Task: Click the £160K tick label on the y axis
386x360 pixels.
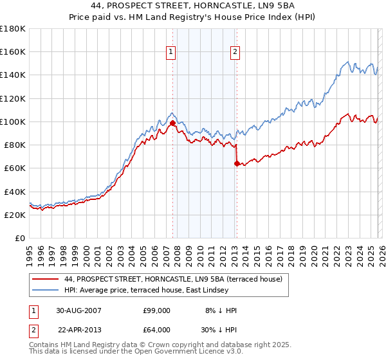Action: pyautogui.click(x=13, y=51)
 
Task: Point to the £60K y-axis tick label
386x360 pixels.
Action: pyautogui.click(x=15, y=168)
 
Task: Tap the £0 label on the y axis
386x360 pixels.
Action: pyautogui.click(x=20, y=239)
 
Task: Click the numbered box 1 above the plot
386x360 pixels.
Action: pyautogui.click(x=172, y=53)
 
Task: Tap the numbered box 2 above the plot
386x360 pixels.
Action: pyautogui.click(x=235, y=53)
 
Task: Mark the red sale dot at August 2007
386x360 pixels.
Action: pyautogui.click(x=172, y=122)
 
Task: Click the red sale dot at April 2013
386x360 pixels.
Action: pyautogui.click(x=237, y=163)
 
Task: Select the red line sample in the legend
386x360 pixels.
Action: pyautogui.click(x=45, y=280)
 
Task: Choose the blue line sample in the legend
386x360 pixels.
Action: pyautogui.click(x=45, y=291)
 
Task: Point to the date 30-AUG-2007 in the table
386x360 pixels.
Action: pyautogui.click(x=79, y=310)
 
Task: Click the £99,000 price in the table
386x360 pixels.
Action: pyautogui.click(x=157, y=310)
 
